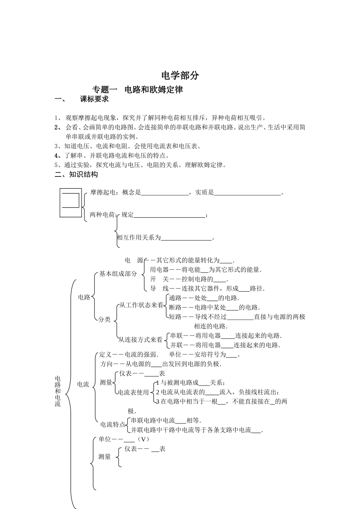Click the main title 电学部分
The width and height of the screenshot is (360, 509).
(x=180, y=75)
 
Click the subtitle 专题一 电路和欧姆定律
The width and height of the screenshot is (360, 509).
(x=138, y=90)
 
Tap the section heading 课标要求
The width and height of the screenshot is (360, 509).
(x=94, y=99)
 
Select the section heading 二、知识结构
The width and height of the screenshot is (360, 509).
(x=76, y=175)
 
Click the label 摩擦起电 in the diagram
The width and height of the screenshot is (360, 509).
(x=102, y=192)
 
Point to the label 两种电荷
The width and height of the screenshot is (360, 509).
(x=102, y=215)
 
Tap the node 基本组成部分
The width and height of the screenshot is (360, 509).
(x=118, y=274)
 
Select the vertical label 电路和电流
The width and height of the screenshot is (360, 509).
(x=58, y=392)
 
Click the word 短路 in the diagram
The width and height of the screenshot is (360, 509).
(x=175, y=317)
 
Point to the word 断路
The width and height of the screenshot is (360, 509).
(x=175, y=308)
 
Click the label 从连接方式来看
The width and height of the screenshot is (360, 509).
(x=140, y=340)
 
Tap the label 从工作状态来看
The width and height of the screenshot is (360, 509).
(x=141, y=305)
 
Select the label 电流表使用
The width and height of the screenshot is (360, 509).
(x=133, y=392)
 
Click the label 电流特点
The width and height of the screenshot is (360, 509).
(x=113, y=425)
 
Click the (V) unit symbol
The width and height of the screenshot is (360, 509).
(x=143, y=439)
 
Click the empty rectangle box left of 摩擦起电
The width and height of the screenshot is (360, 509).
(x=70, y=203)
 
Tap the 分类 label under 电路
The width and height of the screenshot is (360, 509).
(x=105, y=320)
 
